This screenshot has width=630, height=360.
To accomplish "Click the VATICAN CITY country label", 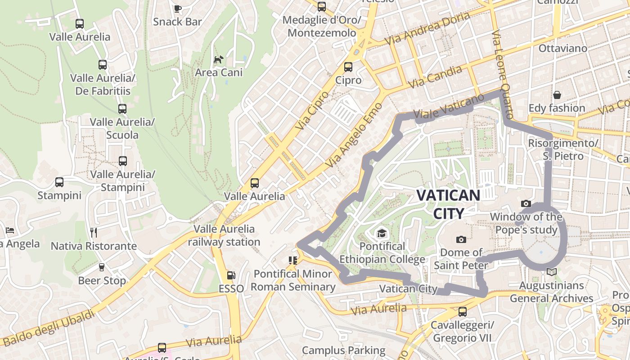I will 448,204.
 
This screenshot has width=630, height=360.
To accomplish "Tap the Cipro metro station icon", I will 348,67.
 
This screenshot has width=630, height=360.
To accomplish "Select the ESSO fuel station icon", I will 231,275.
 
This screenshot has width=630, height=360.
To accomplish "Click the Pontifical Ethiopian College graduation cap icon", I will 382,233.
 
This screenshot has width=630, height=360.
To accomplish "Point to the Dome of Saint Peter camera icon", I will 461,239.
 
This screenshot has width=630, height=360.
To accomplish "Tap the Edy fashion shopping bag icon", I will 557,95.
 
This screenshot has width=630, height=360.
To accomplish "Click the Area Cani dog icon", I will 219,59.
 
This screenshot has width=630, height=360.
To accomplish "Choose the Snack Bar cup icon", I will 177,8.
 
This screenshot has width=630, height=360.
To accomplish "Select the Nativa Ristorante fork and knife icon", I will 94,233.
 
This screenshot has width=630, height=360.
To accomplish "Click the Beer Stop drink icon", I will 102,267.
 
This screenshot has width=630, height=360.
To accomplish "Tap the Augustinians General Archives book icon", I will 551,272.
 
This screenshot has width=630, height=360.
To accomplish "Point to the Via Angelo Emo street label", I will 354,135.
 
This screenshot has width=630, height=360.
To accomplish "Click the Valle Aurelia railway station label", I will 224,235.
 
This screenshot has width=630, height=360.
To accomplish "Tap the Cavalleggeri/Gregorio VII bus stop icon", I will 462,311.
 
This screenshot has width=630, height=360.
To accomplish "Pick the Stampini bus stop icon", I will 59,182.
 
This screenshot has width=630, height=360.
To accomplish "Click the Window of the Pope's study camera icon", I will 526,204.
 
